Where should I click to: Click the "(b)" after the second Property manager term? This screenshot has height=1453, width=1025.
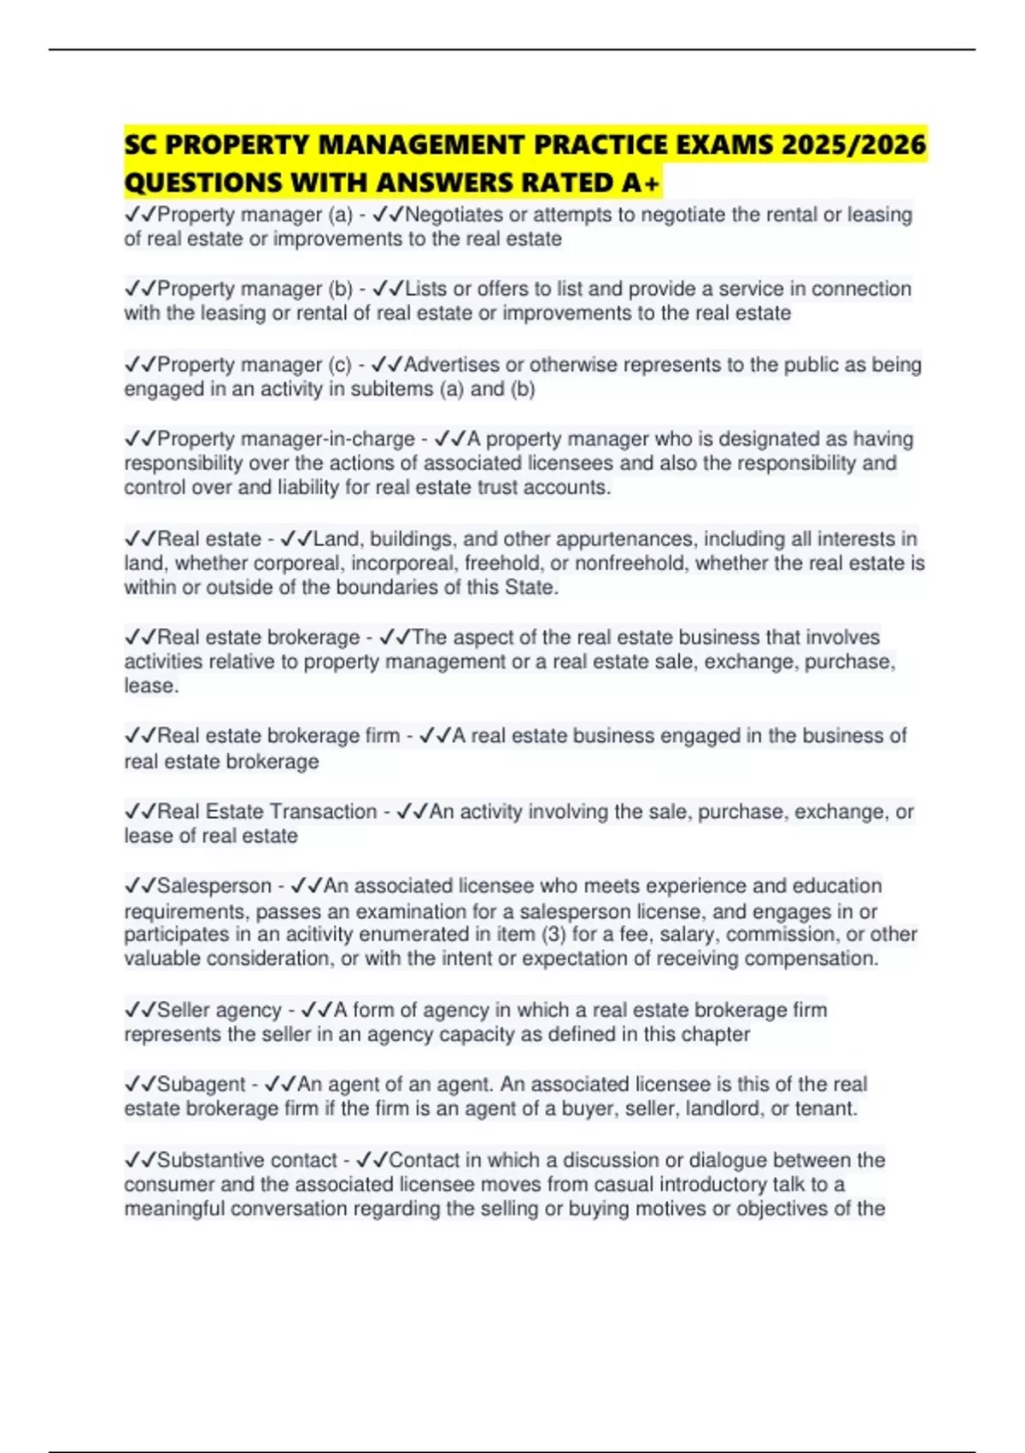[341, 289]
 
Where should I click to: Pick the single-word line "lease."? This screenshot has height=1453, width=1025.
[151, 685]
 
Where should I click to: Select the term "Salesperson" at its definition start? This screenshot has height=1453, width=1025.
[214, 885]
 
